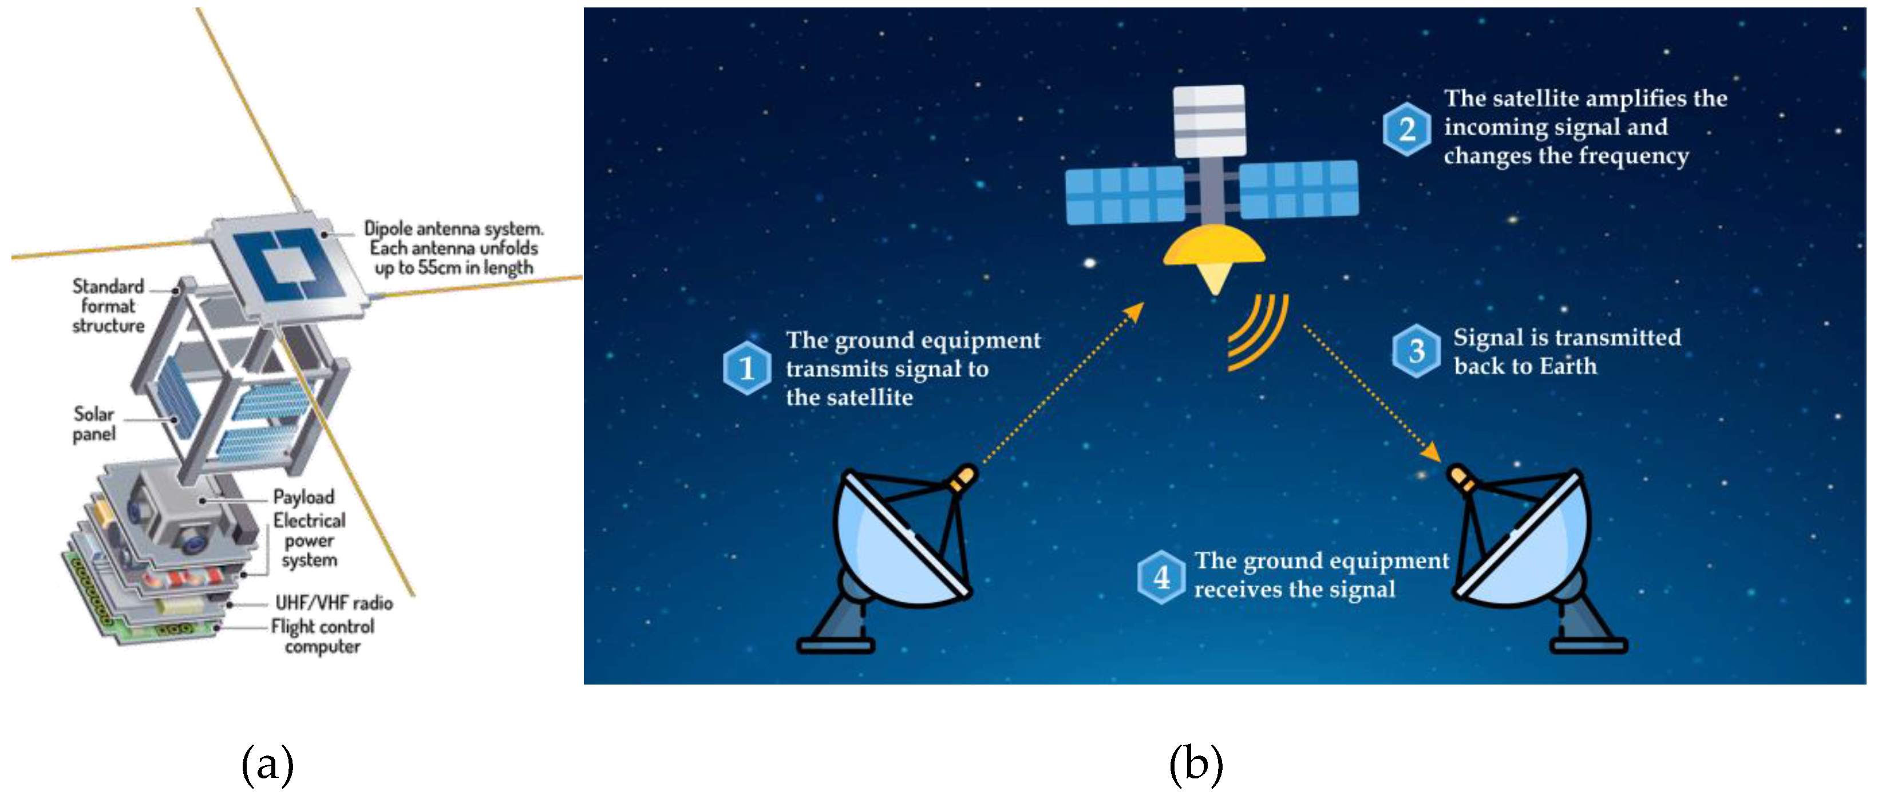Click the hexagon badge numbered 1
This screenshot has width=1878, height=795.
746,368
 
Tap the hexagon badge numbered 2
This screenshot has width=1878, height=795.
1406,129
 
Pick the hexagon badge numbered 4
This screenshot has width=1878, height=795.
1161,577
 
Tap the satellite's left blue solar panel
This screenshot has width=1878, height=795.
1124,195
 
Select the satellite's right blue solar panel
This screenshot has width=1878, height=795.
1299,189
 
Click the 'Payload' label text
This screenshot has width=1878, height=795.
303,497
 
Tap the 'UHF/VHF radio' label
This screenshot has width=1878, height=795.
334,603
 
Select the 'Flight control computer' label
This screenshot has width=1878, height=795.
322,636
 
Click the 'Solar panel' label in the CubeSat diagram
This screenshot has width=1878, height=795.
94,424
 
